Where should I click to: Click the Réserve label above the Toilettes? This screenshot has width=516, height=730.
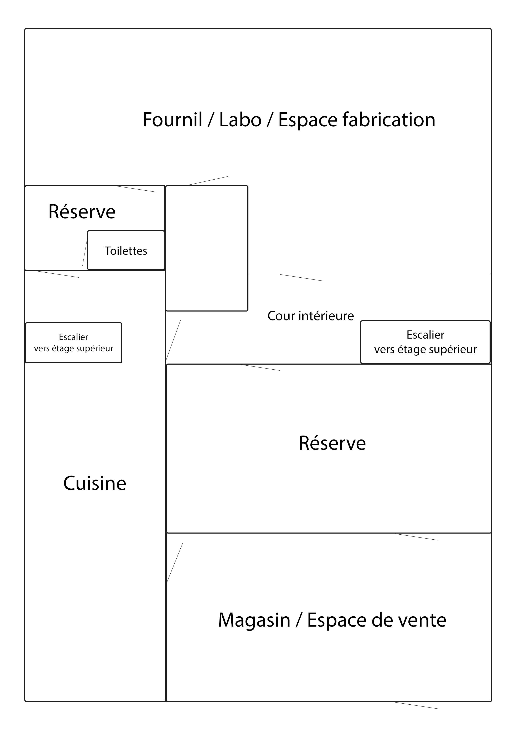[82, 212]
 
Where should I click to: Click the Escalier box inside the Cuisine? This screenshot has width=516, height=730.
[73, 343]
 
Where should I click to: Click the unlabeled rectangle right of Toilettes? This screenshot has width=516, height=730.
[207, 248]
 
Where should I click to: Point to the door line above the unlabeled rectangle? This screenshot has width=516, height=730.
[208, 181]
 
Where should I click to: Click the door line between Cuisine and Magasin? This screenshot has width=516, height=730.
[175, 563]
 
